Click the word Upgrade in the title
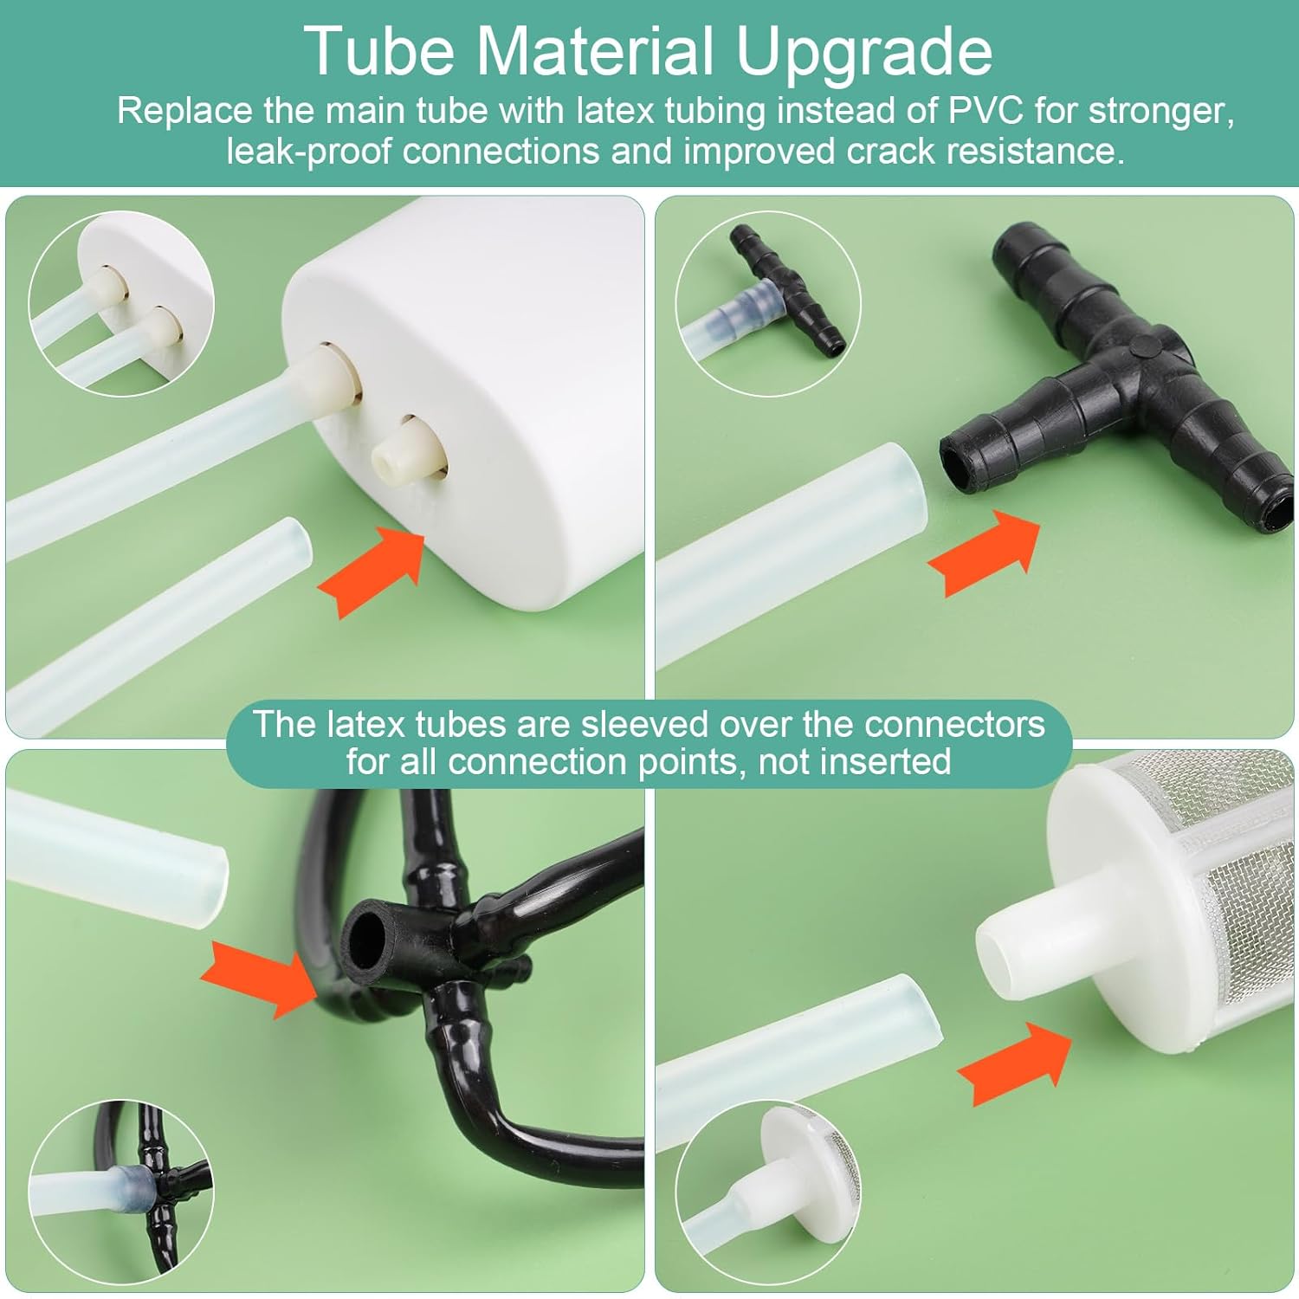click(863, 52)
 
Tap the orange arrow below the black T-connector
click(984, 553)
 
